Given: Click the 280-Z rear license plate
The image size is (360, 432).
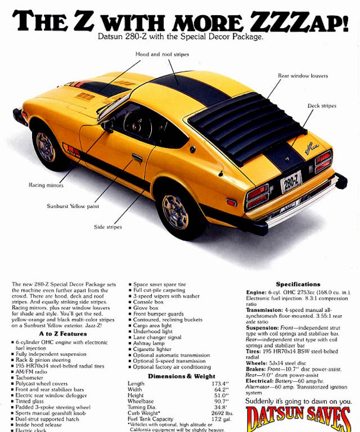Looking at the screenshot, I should (x=291, y=182).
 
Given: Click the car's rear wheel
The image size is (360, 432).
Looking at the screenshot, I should (x=175, y=211).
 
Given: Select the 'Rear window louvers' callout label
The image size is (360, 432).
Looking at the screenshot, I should (x=303, y=75).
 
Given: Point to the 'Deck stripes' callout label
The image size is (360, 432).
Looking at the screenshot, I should (x=322, y=106).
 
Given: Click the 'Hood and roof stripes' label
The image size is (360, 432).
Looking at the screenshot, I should (x=162, y=55).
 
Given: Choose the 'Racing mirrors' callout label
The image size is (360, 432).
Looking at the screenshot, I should (x=46, y=185).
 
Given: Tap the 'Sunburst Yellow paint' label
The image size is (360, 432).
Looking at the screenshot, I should (x=73, y=206).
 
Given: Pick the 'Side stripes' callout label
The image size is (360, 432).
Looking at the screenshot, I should (x=107, y=227).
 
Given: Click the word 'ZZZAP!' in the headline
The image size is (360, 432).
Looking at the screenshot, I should (x=299, y=22).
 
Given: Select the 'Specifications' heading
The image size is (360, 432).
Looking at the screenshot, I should (x=298, y=285).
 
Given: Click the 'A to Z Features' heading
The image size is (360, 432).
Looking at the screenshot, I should (x=63, y=334).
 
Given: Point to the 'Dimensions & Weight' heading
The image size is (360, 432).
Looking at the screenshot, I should (x=182, y=376).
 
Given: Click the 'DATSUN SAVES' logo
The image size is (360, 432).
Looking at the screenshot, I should (x=298, y=418).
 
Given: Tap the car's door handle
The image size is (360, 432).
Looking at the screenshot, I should (x=137, y=158).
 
